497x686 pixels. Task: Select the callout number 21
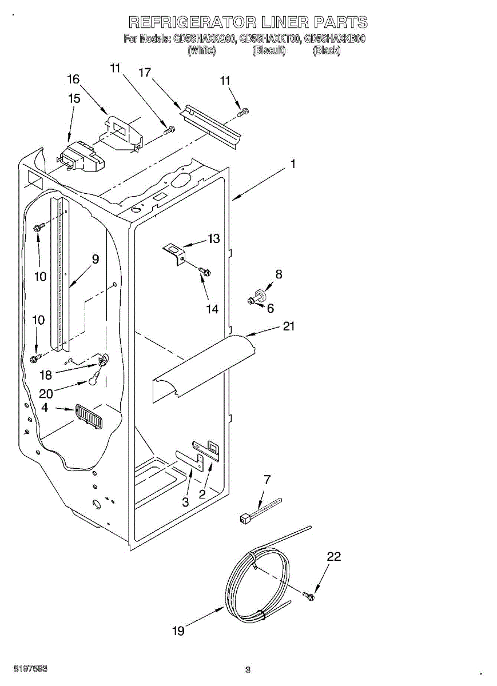(x=289, y=326)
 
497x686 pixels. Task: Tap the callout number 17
(x=145, y=72)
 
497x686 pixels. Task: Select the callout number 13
(x=213, y=239)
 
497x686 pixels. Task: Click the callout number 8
(x=279, y=274)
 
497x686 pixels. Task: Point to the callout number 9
(x=95, y=259)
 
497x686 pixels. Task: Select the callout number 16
(x=73, y=79)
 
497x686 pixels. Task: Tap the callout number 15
(x=74, y=98)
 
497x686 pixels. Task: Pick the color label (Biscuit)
(x=269, y=50)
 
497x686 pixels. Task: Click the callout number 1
(x=293, y=164)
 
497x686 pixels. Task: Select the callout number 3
(x=185, y=502)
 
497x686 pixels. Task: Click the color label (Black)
(x=327, y=50)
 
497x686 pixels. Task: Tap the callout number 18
(x=46, y=375)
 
